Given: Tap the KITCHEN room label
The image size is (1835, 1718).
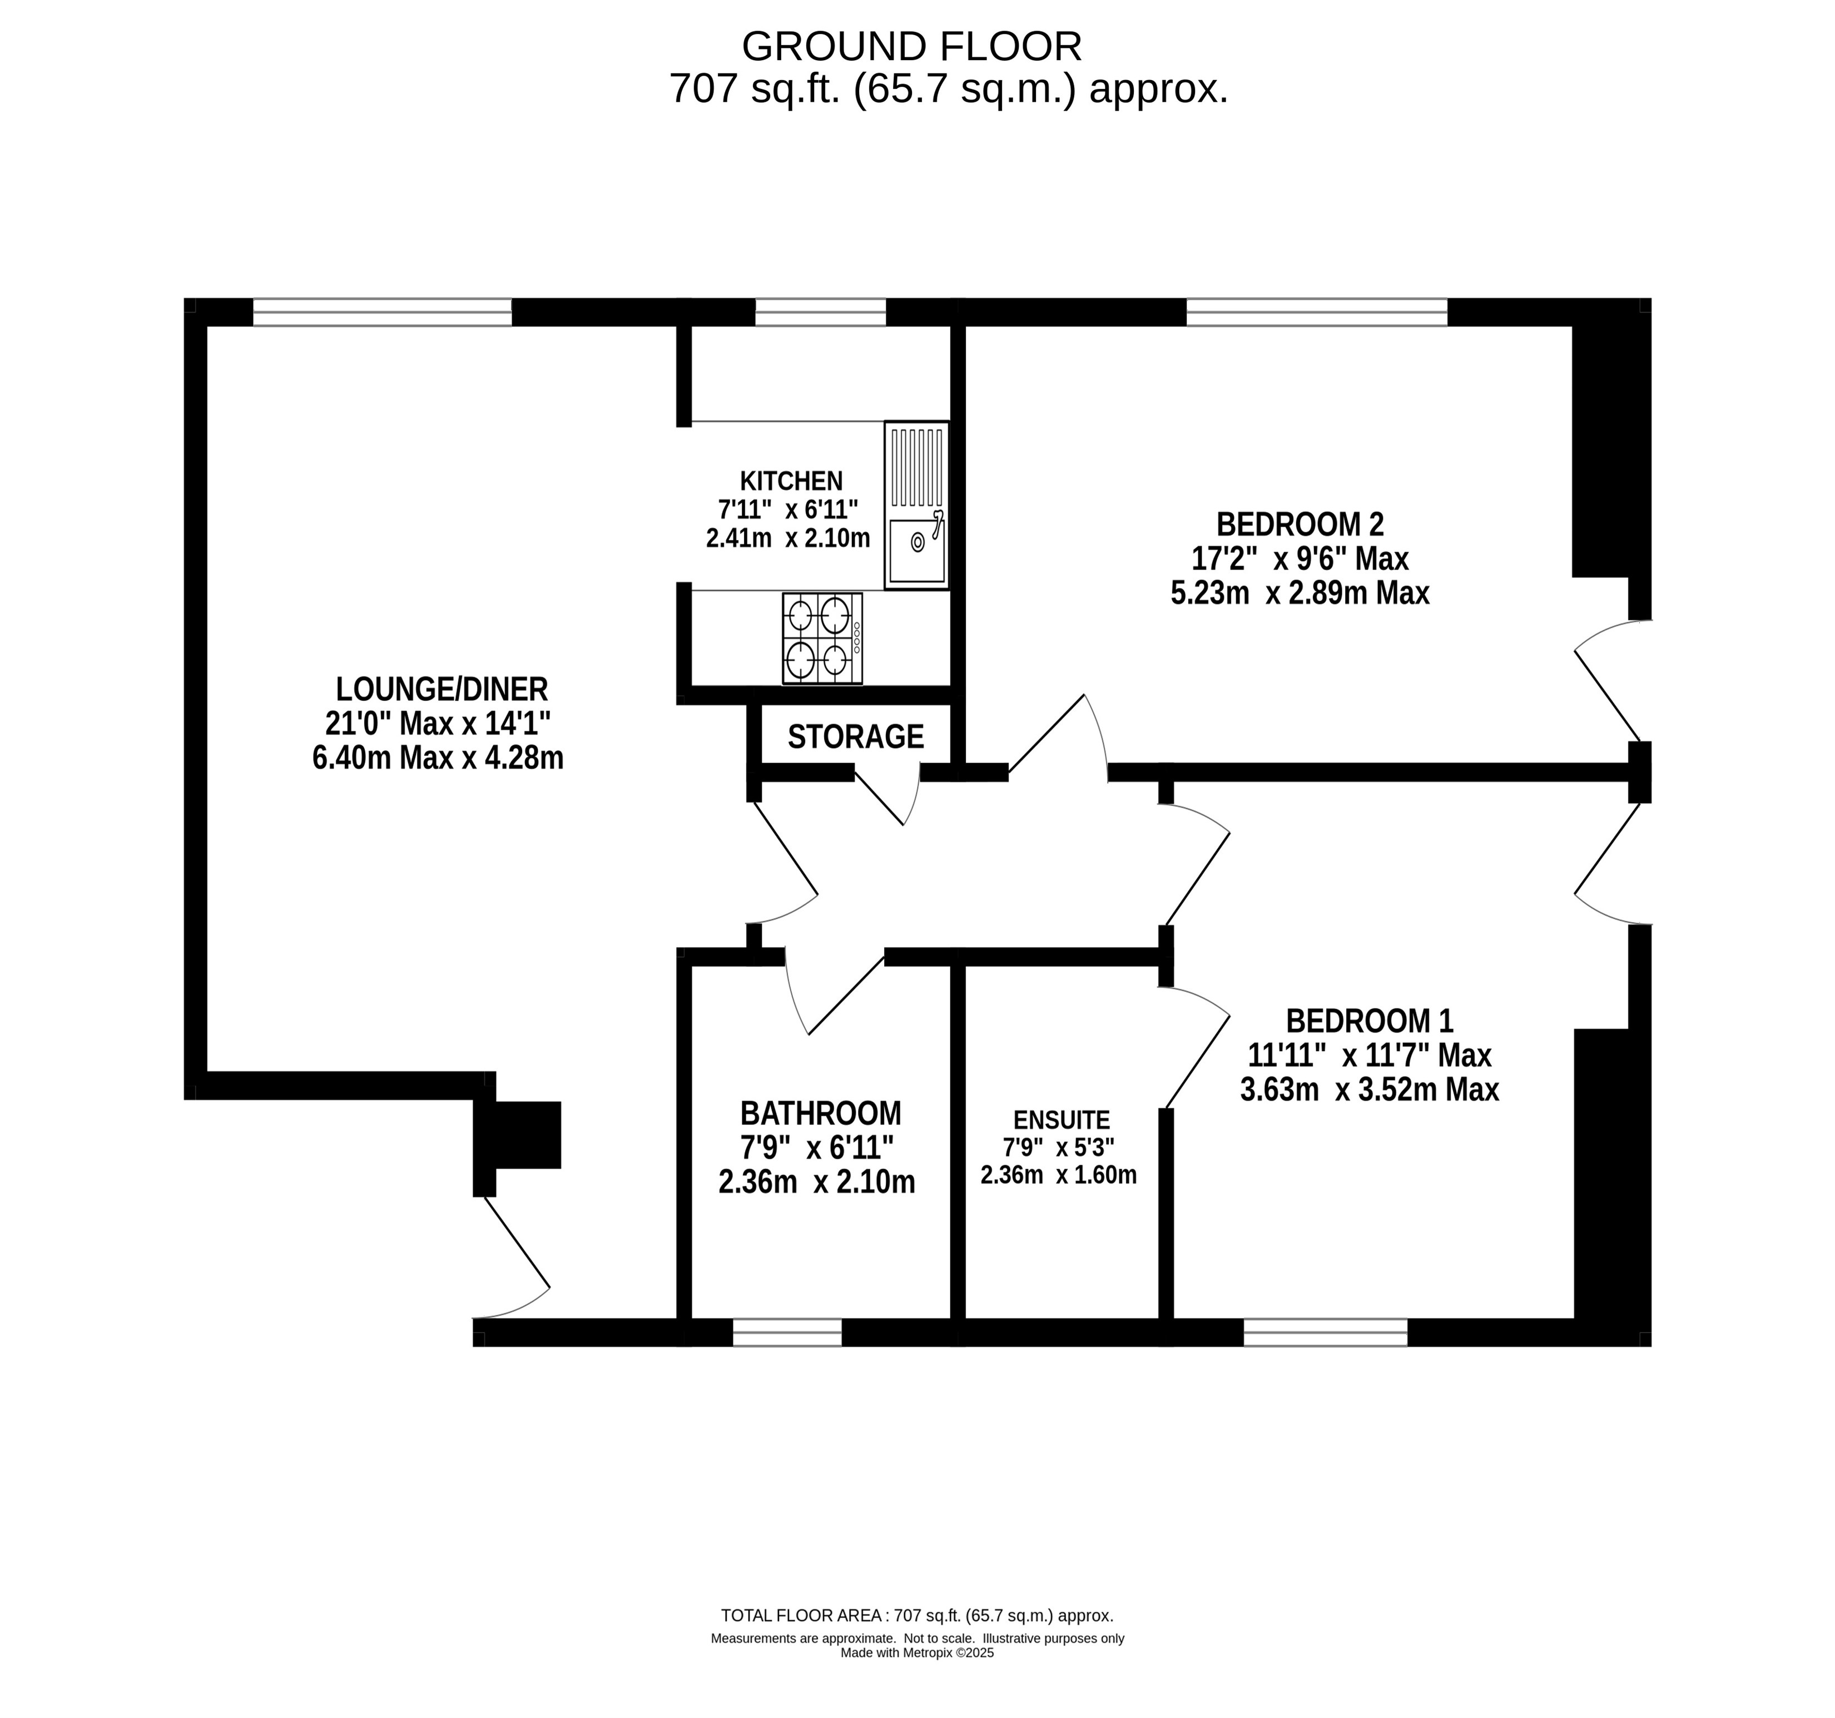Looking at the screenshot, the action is (x=791, y=481).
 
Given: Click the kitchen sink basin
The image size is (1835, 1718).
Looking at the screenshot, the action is (x=916, y=551).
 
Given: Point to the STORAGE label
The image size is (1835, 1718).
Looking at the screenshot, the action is (x=856, y=737).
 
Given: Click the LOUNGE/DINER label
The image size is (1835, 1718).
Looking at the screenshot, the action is (x=441, y=689).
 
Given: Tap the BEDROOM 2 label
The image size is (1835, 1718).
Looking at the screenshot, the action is (x=1300, y=524).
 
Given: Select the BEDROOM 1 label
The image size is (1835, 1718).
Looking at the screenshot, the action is (x=1369, y=1021).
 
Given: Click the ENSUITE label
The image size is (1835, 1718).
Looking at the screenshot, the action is (x=1062, y=1120).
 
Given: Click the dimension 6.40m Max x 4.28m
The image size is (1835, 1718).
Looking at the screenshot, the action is (x=438, y=758).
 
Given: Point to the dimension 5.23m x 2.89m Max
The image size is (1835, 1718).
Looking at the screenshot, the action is (x=1300, y=593).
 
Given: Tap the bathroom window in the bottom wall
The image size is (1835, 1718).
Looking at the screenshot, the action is (x=787, y=1332).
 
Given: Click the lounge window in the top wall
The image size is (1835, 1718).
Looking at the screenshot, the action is (x=382, y=312).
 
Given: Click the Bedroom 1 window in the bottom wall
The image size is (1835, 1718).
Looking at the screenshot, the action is (x=1326, y=1332).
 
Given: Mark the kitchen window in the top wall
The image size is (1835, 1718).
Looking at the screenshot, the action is (x=821, y=312).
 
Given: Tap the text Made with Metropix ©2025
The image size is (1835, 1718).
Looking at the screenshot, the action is (x=916, y=1652).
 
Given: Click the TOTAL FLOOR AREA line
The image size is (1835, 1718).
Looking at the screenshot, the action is (x=916, y=1616).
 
